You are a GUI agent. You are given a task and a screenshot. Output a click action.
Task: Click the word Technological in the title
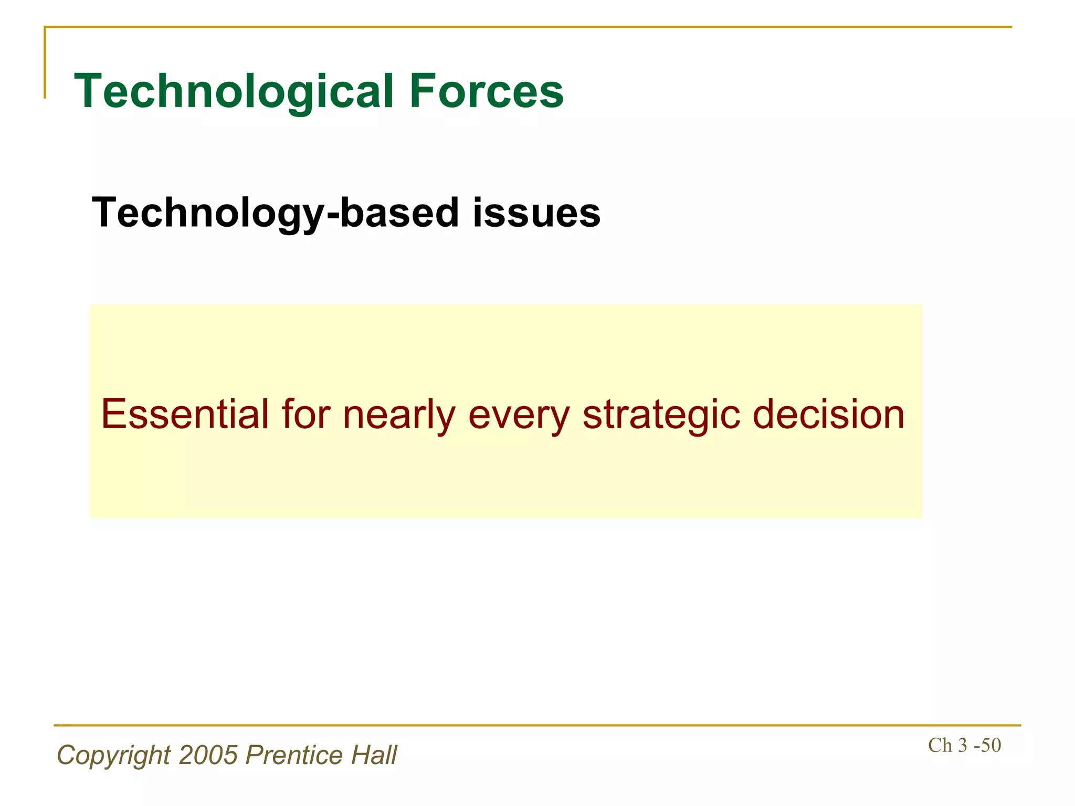coord(234,92)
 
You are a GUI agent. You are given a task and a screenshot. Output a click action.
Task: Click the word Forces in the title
coord(486,92)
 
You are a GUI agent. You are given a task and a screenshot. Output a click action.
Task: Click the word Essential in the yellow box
coord(185,415)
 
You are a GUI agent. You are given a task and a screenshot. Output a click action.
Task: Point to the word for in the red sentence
coord(305,415)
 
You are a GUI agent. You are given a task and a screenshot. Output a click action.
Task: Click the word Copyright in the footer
coord(113,756)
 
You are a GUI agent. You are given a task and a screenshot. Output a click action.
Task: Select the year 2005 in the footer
coord(208,755)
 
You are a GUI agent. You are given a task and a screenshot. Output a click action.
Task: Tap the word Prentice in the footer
coord(294,755)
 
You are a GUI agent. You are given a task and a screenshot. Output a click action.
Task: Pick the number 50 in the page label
coord(990,745)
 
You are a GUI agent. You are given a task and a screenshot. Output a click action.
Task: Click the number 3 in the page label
coord(963,745)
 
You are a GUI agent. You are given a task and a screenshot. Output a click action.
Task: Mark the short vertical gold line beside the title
coord(45,63)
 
